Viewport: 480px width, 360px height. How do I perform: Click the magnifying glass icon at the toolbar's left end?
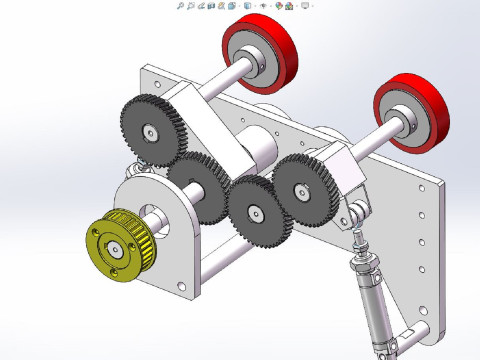[180, 5]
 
